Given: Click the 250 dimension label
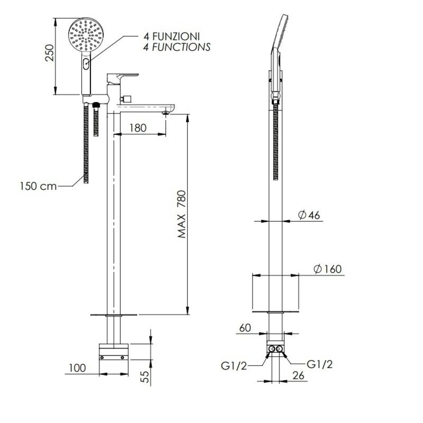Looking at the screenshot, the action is (49, 53).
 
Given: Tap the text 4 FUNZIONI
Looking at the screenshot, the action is (171, 37).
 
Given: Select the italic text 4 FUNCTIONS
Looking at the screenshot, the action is (177, 47).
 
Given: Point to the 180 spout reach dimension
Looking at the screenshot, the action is (138, 128).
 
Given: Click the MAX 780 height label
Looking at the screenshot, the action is (182, 214).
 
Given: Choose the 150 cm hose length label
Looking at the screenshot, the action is (38, 186).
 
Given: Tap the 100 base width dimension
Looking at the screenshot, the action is (77, 368).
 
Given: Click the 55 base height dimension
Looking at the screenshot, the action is (145, 377).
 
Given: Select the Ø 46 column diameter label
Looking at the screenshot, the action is (309, 215).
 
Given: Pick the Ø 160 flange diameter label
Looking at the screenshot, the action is (328, 269).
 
